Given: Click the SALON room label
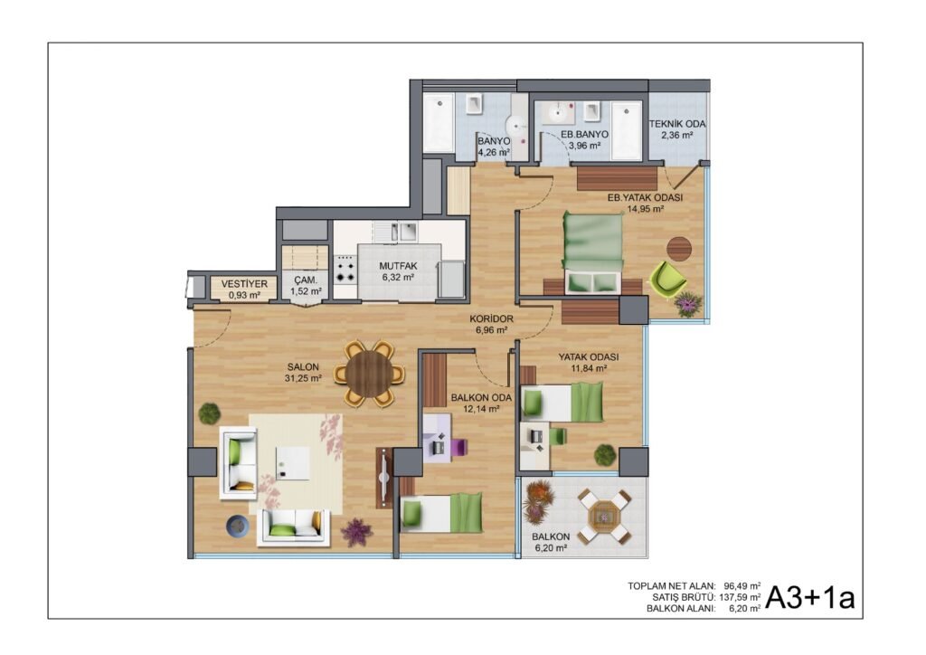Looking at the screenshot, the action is (x=303, y=366).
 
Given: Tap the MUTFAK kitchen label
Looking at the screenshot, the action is (x=398, y=266).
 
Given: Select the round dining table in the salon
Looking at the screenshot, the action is (x=370, y=374).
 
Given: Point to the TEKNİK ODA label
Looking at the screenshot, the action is (x=677, y=124).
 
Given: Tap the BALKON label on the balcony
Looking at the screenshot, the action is (x=551, y=536).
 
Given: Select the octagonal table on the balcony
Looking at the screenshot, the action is (x=605, y=516).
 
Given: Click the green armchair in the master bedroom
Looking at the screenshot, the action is (x=668, y=280).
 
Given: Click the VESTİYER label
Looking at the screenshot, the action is (x=244, y=284).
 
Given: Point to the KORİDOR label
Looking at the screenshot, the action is (x=491, y=319).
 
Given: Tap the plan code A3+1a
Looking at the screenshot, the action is (x=810, y=598).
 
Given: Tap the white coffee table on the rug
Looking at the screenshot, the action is (x=293, y=463).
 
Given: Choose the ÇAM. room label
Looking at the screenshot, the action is (x=306, y=280).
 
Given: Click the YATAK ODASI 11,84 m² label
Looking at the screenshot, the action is (x=589, y=363).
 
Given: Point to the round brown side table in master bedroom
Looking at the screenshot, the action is (x=679, y=249).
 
